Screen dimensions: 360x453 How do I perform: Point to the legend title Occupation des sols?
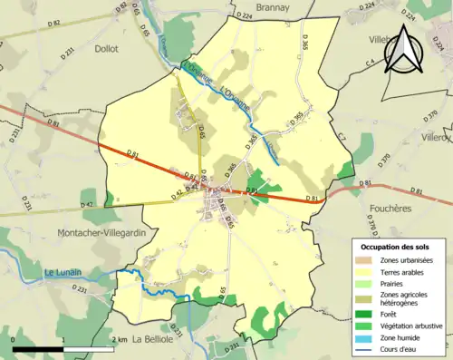pyautogui.click(x=396, y=247)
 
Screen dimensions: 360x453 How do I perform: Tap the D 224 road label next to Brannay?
pyautogui.click(x=243, y=15)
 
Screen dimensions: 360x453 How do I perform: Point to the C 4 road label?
pyautogui.click(x=370, y=62)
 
